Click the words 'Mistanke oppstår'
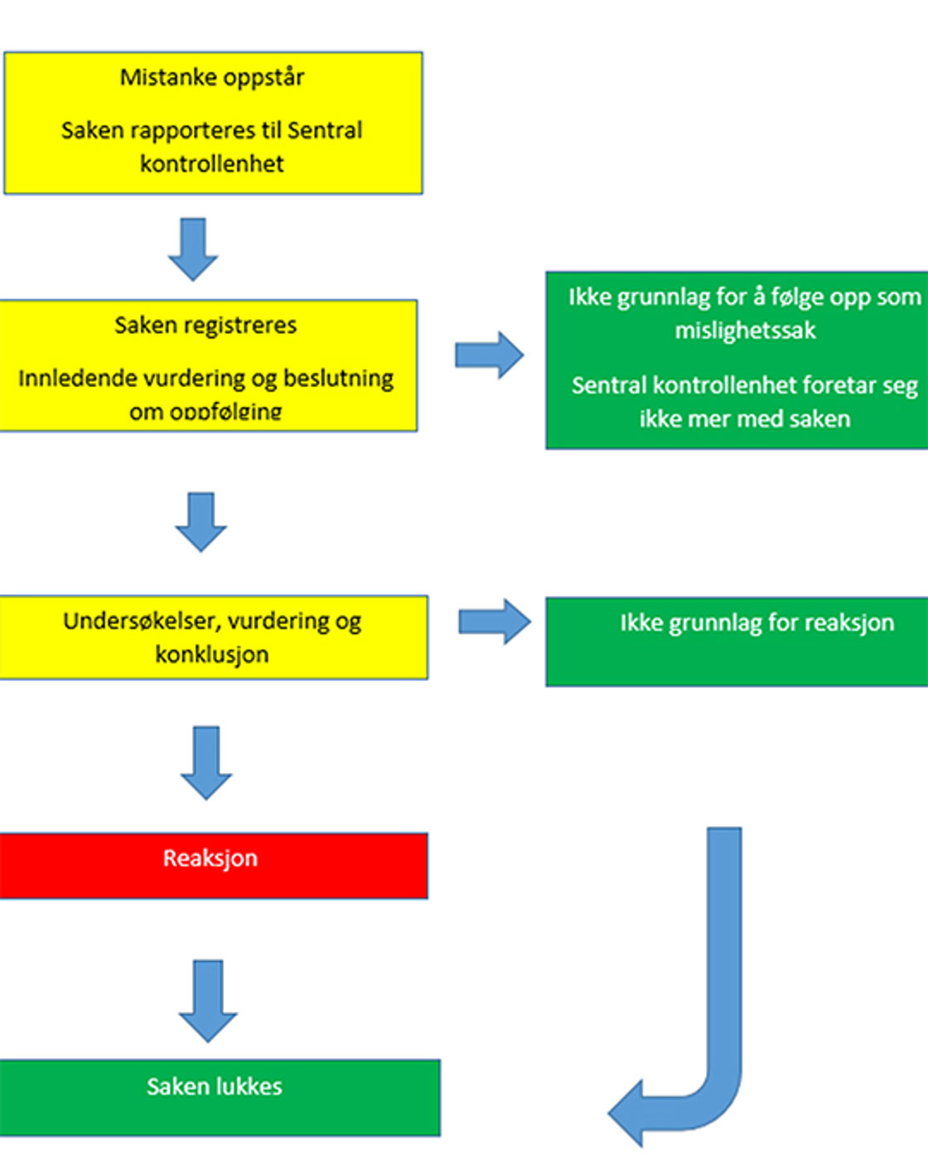pyautogui.click(x=212, y=78)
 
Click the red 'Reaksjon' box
pyautogui.click(x=213, y=864)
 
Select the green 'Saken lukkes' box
pyautogui.click(x=219, y=1096)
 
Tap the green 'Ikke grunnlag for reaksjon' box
pyautogui.click(x=737, y=640)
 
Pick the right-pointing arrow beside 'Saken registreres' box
pyautogui.click(x=489, y=355)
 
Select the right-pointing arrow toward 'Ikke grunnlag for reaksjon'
pyautogui.click(x=495, y=621)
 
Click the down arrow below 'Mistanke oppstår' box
pyautogui.click(x=193, y=249)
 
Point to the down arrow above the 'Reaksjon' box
pyautogui.click(x=205, y=762)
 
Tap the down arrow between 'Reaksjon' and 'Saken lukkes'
pyautogui.click(x=208, y=1000)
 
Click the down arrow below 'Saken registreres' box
pyautogui.click(x=201, y=522)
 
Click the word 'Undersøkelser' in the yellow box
pyautogui.click(x=138, y=621)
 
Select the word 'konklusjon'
pyautogui.click(x=212, y=655)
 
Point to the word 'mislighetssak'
pyautogui.click(x=745, y=331)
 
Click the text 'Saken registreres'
pyautogui.click(x=205, y=326)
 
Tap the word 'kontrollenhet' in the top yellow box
pyautogui.click(x=212, y=164)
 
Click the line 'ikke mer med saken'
pyautogui.click(x=745, y=419)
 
